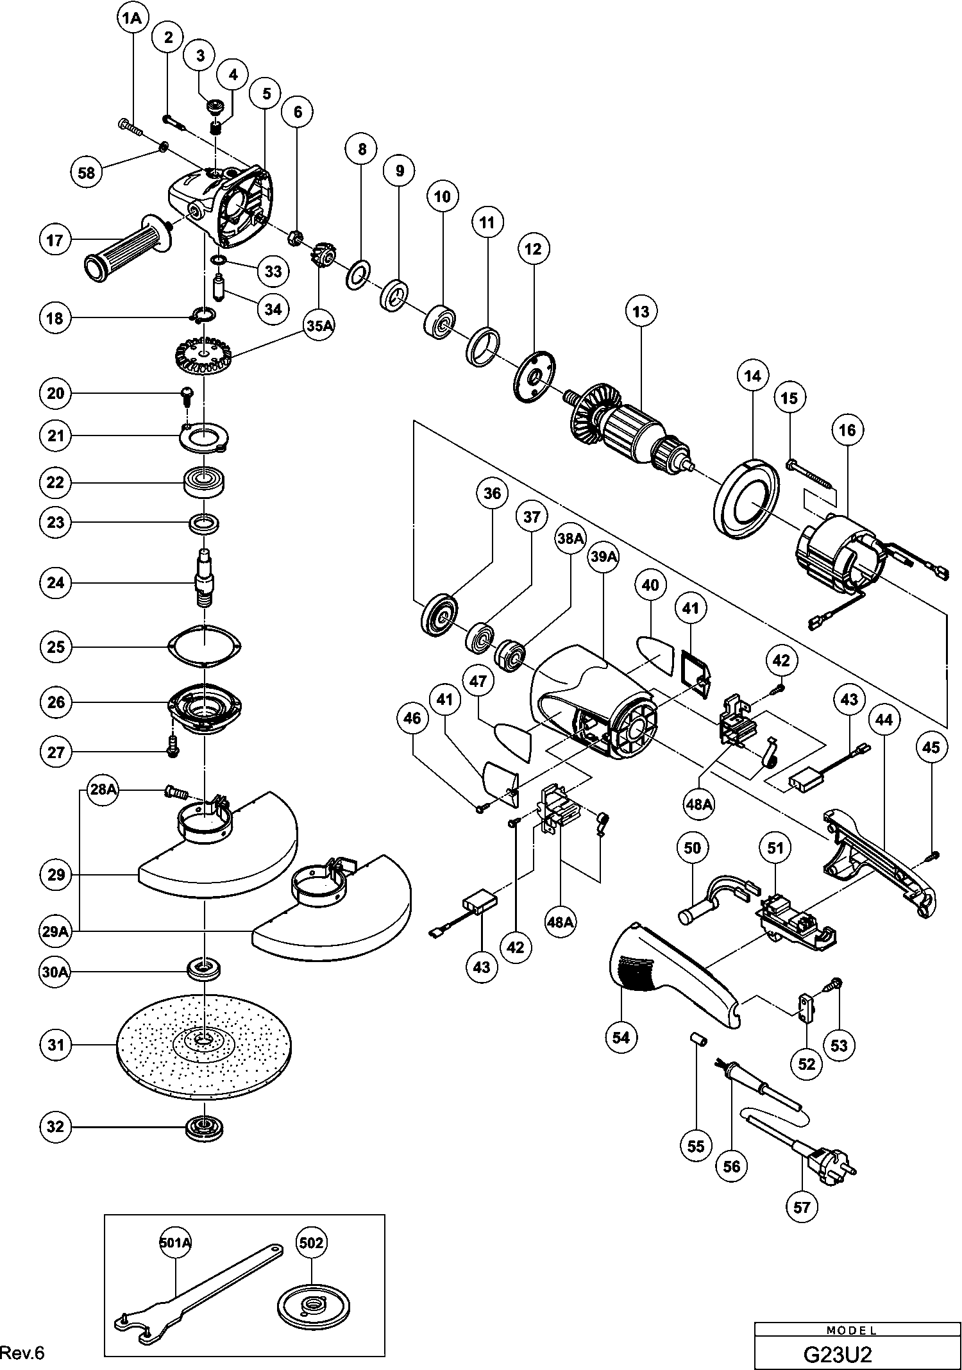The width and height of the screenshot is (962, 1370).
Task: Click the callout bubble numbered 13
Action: pyautogui.click(x=641, y=312)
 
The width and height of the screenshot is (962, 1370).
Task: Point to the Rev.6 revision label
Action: pyautogui.click(x=22, y=1353)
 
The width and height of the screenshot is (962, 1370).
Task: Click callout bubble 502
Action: pyautogui.click(x=312, y=1243)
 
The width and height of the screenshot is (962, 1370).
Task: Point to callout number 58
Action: pyautogui.click(x=87, y=173)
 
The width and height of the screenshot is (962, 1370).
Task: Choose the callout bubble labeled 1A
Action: pyautogui.click(x=131, y=19)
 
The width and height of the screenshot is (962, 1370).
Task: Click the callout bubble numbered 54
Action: pyautogui.click(x=621, y=1037)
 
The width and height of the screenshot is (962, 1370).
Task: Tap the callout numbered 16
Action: pyautogui.click(x=847, y=430)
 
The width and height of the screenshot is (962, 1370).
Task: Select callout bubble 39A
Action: pyautogui.click(x=603, y=558)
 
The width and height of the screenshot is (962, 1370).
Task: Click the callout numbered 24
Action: pyautogui.click(x=56, y=582)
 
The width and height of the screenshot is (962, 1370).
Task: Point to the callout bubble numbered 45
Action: pyautogui.click(x=931, y=747)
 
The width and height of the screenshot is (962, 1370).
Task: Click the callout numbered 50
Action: pyautogui.click(x=693, y=848)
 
